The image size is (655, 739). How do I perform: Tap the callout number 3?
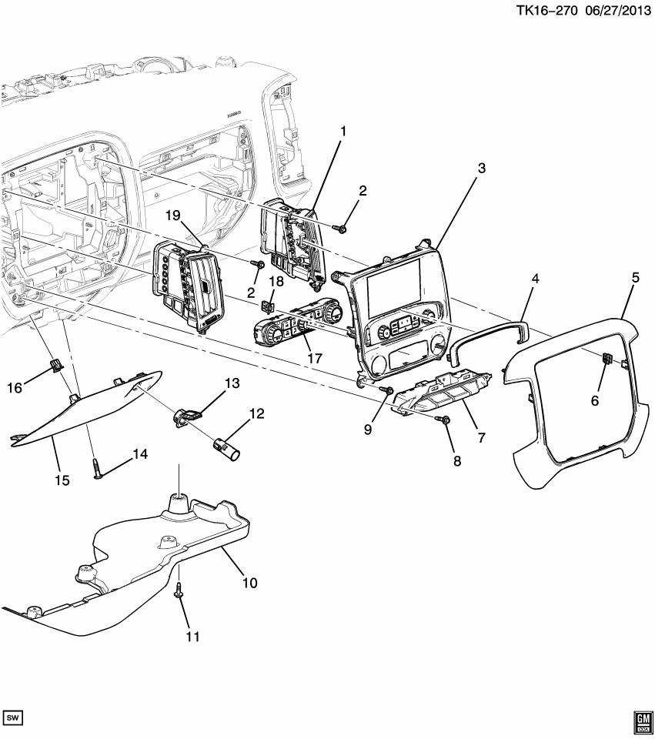[x=481, y=168]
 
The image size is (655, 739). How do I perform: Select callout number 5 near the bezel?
[x=636, y=279]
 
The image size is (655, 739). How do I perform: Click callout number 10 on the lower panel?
[x=249, y=583]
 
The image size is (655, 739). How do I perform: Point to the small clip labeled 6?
[x=607, y=359]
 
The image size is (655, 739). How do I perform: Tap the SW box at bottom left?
[x=14, y=717]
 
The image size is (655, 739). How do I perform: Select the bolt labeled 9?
[x=387, y=392]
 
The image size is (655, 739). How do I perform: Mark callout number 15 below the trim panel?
[x=62, y=480]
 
